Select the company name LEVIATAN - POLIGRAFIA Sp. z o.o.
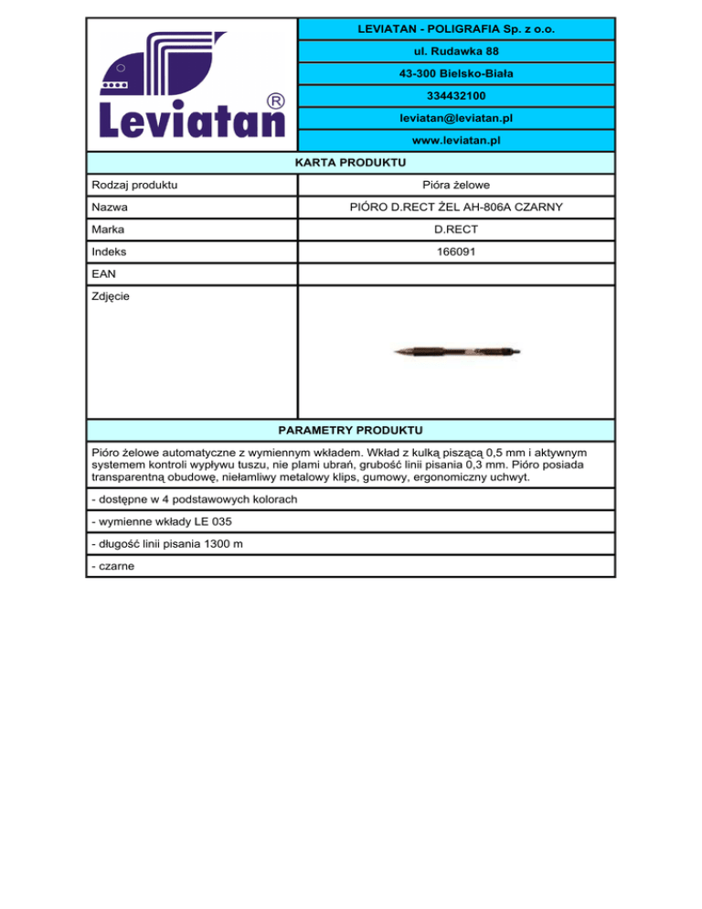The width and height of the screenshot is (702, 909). (454, 30)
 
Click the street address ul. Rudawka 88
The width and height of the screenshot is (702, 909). (454, 51)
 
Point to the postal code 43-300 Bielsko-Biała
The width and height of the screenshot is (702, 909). (454, 73)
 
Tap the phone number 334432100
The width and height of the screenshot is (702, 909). (454, 96)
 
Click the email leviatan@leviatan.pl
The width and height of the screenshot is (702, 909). (454, 119)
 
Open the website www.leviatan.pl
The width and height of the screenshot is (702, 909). (454, 141)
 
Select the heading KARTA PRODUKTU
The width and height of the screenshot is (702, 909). (350, 163)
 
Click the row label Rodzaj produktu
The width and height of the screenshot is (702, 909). (135, 186)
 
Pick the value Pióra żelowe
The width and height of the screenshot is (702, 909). (454, 186)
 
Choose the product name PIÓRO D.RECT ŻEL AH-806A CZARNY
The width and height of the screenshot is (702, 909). (454, 209)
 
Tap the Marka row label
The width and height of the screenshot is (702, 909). (109, 230)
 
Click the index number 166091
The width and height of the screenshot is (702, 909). (454, 252)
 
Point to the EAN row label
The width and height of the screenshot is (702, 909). (105, 274)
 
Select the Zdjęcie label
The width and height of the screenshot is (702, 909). (113, 297)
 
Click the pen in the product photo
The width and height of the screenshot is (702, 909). (456, 352)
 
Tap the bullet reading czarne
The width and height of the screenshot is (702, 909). (113, 566)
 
